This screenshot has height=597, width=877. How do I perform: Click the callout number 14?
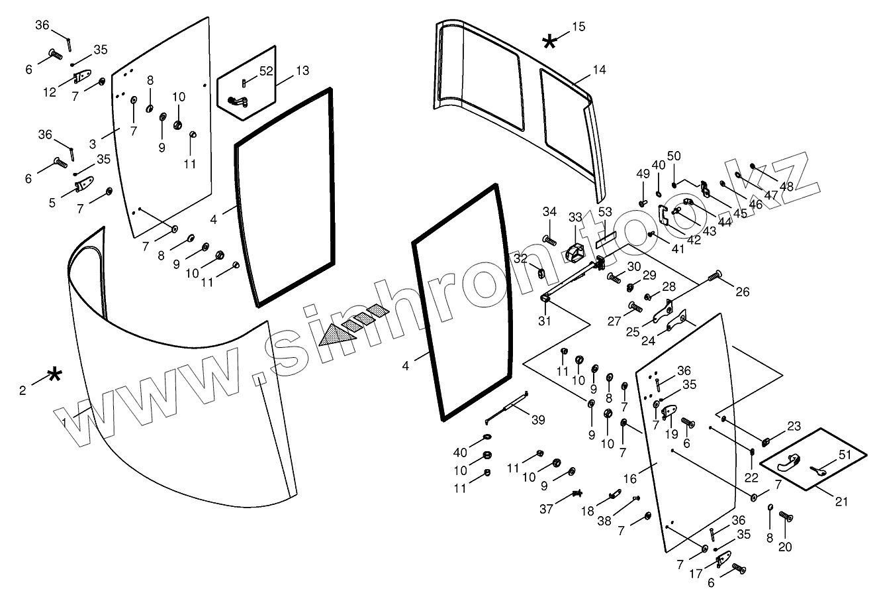pos(600,70)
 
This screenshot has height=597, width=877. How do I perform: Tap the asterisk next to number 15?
pos(549,42)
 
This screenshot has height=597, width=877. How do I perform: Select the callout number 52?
pos(266,72)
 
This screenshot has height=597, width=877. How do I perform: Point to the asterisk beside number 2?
pos(56,375)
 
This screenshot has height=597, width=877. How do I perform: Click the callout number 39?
pos(538,420)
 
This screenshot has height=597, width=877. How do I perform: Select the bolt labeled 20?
pos(786,516)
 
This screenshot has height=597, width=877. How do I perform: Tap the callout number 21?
pos(841,502)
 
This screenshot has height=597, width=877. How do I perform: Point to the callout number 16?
pos(629,478)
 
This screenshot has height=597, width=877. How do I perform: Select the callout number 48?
pos(786,186)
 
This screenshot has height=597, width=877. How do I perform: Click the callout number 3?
pos(93,142)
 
